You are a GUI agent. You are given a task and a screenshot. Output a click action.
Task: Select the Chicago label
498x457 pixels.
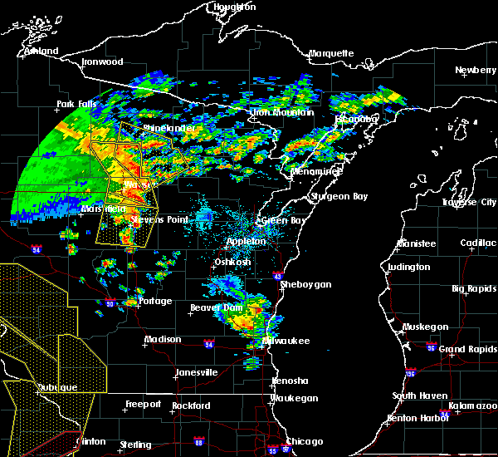(304, 441)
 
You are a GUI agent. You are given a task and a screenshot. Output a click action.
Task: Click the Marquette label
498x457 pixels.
(331, 54)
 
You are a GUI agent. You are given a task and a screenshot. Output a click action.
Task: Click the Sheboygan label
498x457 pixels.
(307, 284)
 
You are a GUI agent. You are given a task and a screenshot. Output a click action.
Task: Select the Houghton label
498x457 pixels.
(235, 7)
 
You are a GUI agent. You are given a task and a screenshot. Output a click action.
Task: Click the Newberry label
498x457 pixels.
(476, 71)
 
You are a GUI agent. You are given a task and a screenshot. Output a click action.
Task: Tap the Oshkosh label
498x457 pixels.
(233, 262)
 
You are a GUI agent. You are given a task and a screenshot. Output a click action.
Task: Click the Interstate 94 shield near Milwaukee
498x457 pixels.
(209, 344)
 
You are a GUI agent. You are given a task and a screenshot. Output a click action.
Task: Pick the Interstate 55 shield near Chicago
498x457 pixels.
(273, 450)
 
